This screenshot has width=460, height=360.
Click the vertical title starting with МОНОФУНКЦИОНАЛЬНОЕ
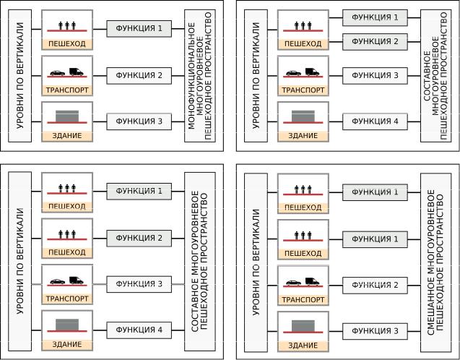[x=199, y=76]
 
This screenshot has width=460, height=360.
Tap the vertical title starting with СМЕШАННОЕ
[x=435, y=262]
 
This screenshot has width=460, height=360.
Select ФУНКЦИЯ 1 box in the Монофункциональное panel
[x=139, y=28]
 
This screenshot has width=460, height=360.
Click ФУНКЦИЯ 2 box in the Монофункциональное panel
[x=139, y=75]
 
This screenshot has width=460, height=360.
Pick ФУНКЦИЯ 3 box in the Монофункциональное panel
[x=139, y=121]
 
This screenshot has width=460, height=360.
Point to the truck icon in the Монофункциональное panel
[x=77, y=72]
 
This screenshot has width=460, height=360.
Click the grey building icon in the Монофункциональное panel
[x=67, y=116]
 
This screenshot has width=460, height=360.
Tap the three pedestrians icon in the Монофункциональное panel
[x=67, y=25]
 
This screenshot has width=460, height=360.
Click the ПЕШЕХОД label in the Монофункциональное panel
[x=67, y=44]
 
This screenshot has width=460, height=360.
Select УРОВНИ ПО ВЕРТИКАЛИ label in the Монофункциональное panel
[x=20, y=76]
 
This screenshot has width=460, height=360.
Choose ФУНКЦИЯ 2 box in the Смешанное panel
[x=375, y=285]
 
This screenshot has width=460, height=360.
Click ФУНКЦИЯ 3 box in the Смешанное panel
[x=375, y=331]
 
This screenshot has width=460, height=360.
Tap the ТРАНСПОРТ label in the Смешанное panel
[x=303, y=300]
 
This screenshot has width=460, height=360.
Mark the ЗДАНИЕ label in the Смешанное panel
[x=303, y=346]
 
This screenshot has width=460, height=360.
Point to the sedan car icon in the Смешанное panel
[x=293, y=283]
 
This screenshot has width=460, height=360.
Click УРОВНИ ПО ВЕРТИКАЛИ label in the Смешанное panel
[x=256, y=262]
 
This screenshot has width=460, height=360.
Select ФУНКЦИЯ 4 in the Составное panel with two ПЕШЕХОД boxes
[x=139, y=330]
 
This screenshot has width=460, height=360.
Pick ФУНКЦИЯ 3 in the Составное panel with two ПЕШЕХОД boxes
[x=139, y=284]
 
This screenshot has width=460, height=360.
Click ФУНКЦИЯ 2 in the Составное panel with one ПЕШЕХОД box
[x=375, y=42]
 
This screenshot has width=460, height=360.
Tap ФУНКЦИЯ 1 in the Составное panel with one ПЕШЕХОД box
[x=375, y=17]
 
